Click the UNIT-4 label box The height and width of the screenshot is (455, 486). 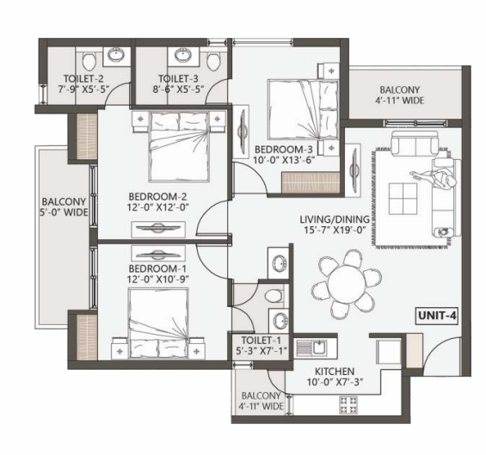click(437, 316)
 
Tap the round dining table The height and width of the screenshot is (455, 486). click(347, 283)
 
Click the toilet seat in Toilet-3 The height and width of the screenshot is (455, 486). click(213, 61)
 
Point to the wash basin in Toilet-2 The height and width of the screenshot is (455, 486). click(116, 55)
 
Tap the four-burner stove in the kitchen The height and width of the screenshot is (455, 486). click(348, 404)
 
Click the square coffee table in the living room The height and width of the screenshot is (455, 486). click(403, 199)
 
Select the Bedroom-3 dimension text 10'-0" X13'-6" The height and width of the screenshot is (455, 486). click(285, 160)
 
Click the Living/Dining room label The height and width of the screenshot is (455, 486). click(335, 219)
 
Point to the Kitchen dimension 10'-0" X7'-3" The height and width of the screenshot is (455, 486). click(335, 382)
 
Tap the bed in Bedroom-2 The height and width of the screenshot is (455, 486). click(179, 146)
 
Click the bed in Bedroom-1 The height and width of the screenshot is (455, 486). click(158, 323)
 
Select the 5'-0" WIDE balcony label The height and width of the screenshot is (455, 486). click(64, 212)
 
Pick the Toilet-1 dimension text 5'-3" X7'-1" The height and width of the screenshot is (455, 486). click(261, 351)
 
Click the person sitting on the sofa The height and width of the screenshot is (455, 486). click(434, 178)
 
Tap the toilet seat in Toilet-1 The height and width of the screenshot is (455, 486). click(274, 295)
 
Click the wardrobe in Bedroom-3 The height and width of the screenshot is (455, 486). click(311, 182)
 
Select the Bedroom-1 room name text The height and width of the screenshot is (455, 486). click(157, 268)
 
